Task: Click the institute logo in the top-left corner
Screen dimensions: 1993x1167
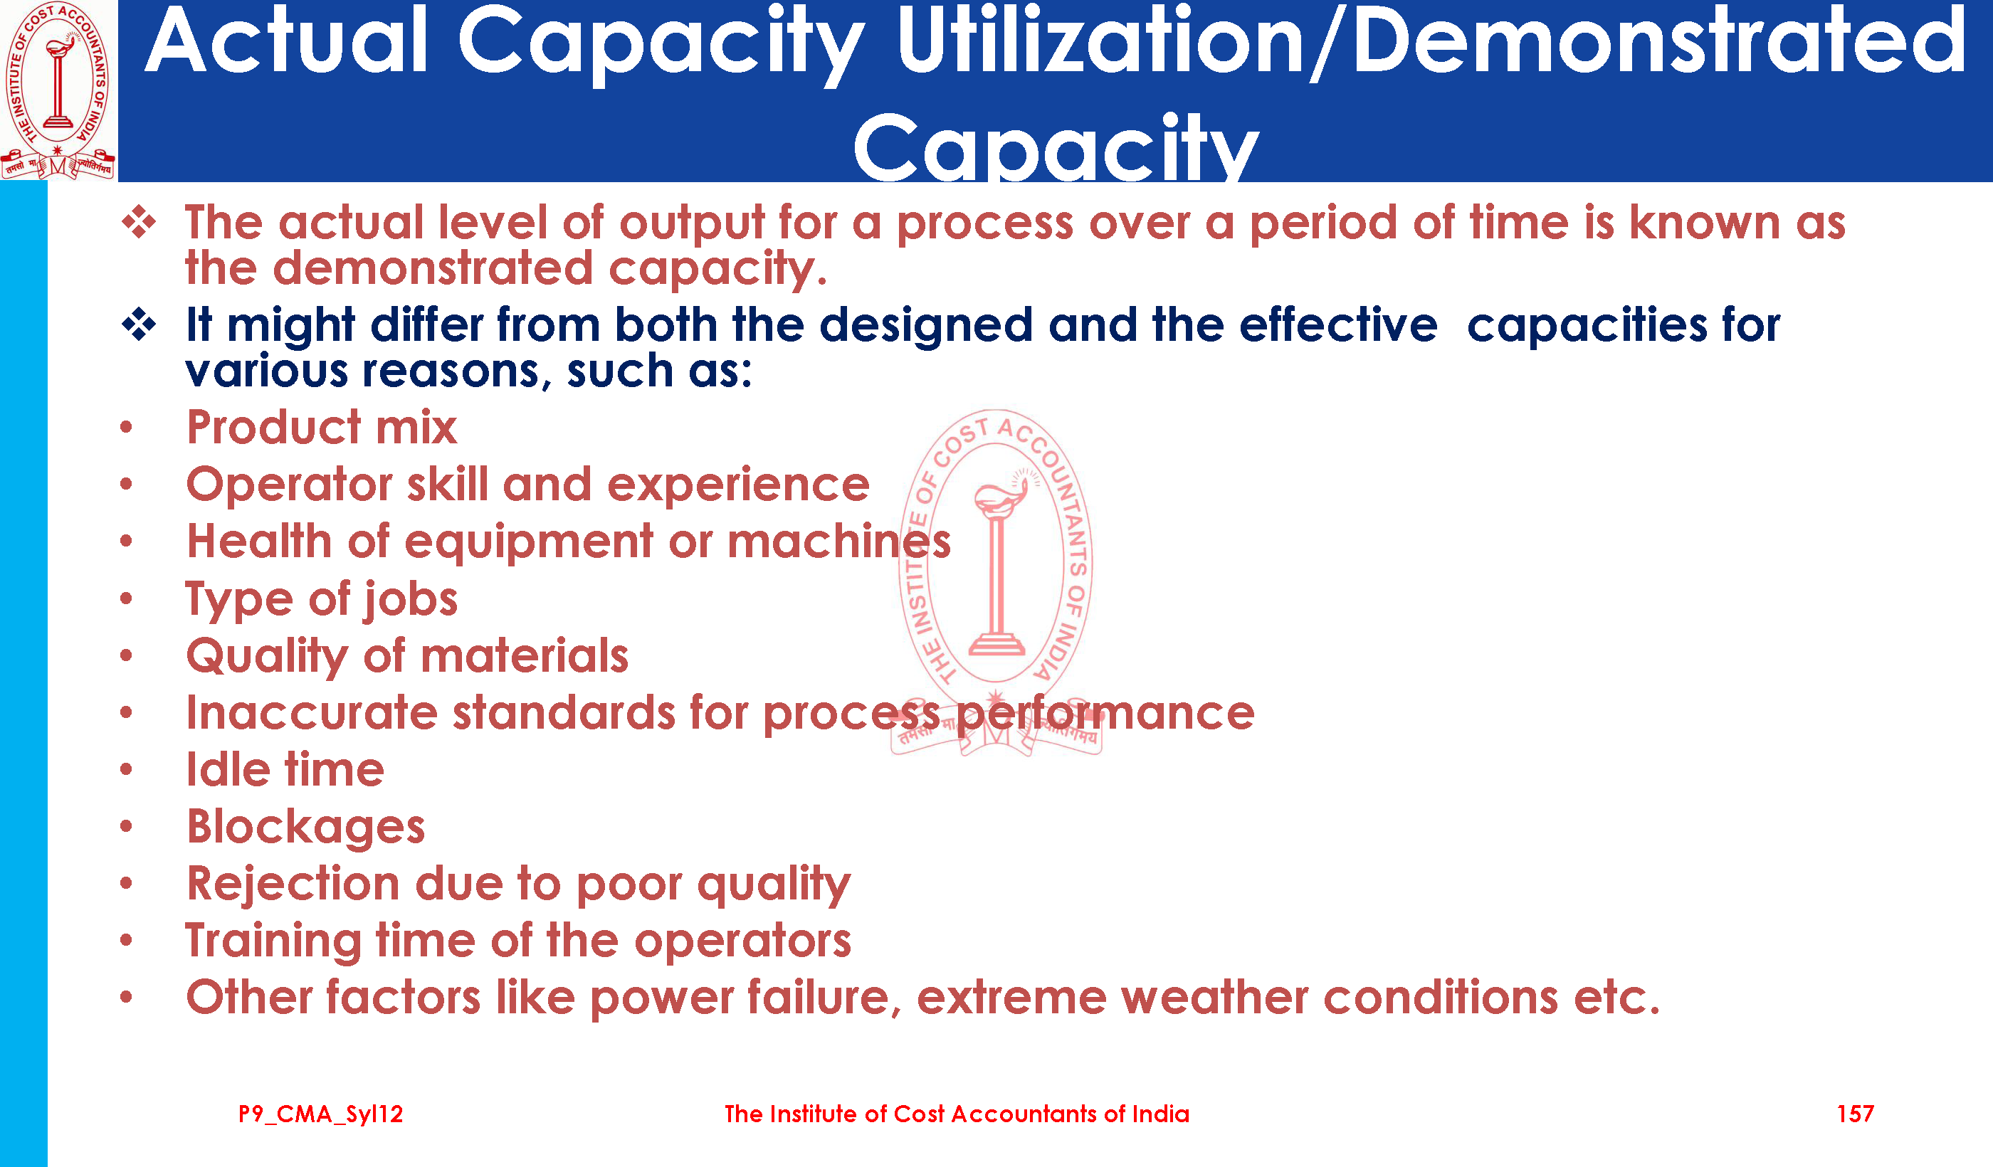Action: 58,90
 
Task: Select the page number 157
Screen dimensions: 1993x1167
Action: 1855,1114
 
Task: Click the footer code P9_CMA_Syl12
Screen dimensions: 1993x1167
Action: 320,1115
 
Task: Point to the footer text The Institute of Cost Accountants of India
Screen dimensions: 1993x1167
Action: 957,1114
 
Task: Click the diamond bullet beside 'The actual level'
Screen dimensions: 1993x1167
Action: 140,222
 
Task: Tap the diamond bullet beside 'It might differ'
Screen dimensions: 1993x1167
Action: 140,324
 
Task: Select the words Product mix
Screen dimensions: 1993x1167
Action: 321,427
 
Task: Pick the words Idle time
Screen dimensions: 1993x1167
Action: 285,769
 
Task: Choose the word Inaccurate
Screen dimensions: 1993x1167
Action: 311,713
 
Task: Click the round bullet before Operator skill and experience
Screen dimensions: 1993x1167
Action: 126,484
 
